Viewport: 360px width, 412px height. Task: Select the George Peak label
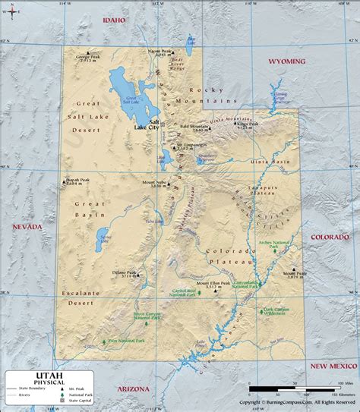[87, 58]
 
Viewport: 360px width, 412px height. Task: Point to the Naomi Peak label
[160, 52]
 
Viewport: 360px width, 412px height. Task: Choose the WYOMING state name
[288, 61]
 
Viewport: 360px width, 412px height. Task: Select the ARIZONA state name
[134, 367]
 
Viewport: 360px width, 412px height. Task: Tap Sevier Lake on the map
[103, 242]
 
